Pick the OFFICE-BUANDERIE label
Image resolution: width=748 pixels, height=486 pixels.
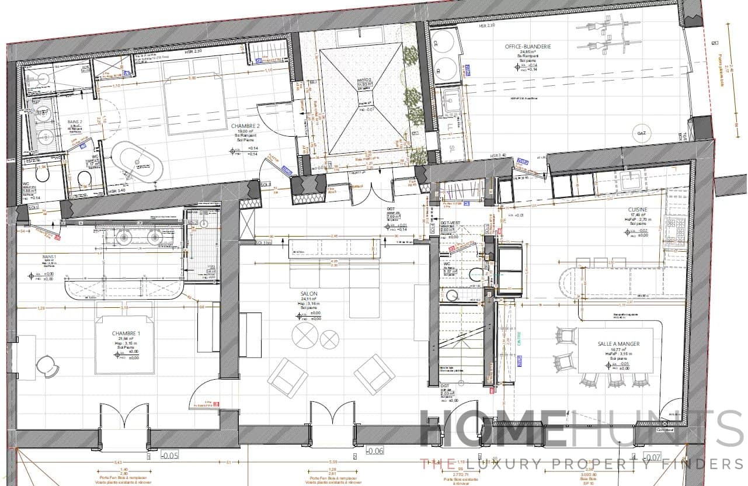[528, 46]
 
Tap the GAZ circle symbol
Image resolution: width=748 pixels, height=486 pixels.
[642, 134]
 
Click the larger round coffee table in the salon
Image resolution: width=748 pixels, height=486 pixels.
[305, 336]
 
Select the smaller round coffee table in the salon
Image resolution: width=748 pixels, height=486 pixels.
[330, 339]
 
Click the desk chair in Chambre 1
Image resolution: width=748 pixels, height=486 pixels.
[47, 366]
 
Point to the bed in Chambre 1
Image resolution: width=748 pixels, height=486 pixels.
[126, 345]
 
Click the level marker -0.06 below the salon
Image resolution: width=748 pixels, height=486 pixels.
[375, 450]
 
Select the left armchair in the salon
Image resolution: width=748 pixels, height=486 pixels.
[287, 377]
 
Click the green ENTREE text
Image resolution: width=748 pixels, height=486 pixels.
[519, 339]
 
